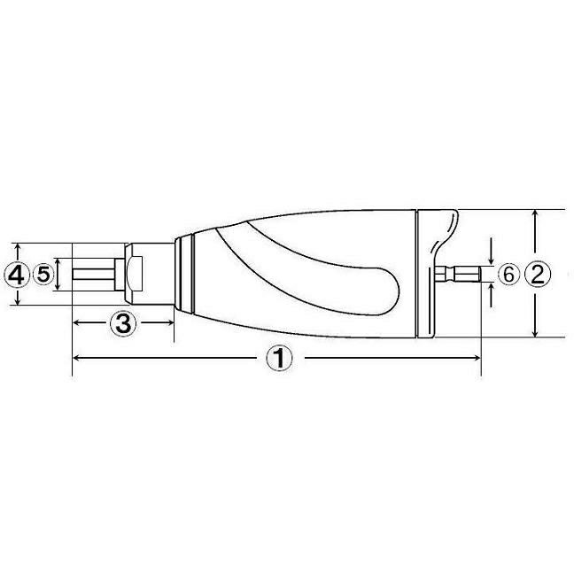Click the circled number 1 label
click(x=279, y=359)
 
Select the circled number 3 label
click(x=123, y=322)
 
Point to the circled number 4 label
click(x=16, y=275)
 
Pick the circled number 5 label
click(x=43, y=275)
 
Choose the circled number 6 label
click(x=508, y=275)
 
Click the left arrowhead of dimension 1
click(x=77, y=358)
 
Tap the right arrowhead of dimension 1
click(x=477, y=358)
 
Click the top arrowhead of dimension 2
click(x=535, y=214)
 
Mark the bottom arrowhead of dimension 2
click(x=535, y=332)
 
